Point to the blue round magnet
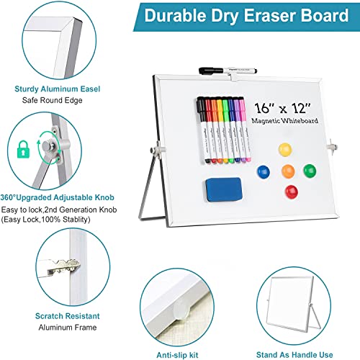pos(264,173)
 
